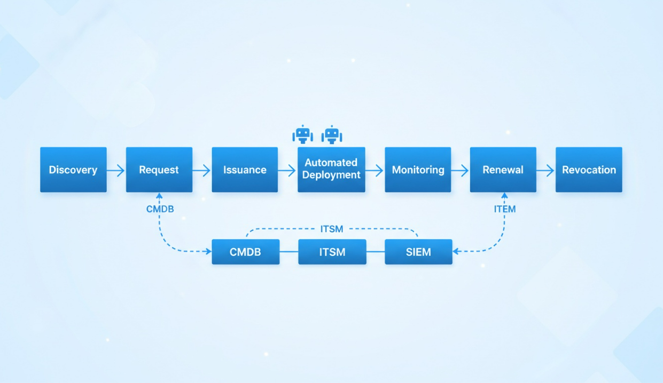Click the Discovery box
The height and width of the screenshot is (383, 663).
[x=73, y=170]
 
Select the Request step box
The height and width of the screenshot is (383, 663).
[x=159, y=170]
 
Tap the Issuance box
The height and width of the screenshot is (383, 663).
[x=245, y=170]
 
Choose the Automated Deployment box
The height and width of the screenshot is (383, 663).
[x=331, y=169]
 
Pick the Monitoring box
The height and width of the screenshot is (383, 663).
[x=418, y=170]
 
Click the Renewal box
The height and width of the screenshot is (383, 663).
[x=503, y=170]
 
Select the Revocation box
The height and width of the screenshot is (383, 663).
[x=589, y=170]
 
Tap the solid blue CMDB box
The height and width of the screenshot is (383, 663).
[x=245, y=252]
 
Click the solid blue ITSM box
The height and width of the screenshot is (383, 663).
[x=332, y=252]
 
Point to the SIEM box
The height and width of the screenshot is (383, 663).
[x=418, y=252]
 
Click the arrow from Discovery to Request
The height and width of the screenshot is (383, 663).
[x=116, y=170]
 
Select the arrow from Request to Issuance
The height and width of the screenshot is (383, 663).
[x=201, y=170]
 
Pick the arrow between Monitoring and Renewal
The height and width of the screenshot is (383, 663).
[x=460, y=170]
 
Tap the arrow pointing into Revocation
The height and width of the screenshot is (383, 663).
[x=545, y=170]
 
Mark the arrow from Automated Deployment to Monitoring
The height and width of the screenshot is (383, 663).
[x=375, y=170]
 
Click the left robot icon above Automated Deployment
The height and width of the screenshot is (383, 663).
[x=303, y=134]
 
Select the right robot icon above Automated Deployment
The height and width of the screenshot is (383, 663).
[x=332, y=134]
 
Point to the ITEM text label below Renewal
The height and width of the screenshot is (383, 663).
[x=505, y=209]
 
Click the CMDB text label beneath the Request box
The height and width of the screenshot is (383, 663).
[x=160, y=209]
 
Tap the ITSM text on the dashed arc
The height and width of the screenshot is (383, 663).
[x=332, y=229]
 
